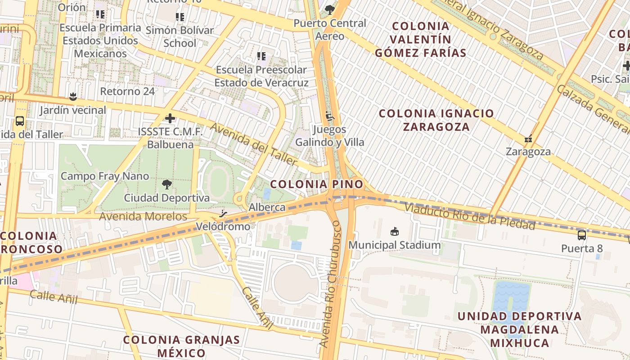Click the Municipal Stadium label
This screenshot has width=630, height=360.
[x=395, y=245]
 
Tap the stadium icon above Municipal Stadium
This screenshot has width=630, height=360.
[x=395, y=232]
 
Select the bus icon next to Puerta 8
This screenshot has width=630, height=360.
[x=582, y=235]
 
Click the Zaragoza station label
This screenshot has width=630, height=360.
[x=528, y=152]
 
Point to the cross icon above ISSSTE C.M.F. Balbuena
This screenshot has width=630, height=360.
[x=170, y=118]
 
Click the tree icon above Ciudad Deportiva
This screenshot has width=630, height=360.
[x=166, y=184]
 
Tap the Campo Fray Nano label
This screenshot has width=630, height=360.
[x=105, y=176]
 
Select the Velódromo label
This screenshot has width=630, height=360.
[x=223, y=226]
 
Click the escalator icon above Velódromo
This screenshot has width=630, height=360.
[x=223, y=214]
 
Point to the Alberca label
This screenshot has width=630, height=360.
[x=267, y=207]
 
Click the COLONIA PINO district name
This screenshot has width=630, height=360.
[x=316, y=184]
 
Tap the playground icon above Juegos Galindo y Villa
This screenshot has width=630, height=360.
[x=330, y=116]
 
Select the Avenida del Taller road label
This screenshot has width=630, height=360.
[x=254, y=144]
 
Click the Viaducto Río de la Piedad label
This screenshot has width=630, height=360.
[x=469, y=216]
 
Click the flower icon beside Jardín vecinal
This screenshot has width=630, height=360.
[x=72, y=96]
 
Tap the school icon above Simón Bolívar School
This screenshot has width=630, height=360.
[x=180, y=17]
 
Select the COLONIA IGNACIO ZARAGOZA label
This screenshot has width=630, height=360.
[x=436, y=120]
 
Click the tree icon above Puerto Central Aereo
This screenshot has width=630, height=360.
[x=330, y=9]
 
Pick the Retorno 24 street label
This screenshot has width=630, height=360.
[x=127, y=91]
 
